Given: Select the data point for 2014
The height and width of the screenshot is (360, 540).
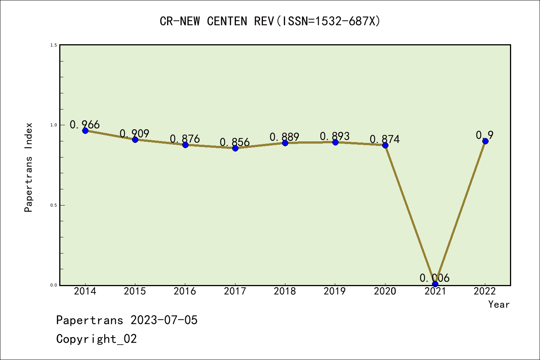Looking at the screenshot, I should (x=85, y=130).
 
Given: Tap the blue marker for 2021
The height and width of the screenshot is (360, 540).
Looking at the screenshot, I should (x=435, y=284).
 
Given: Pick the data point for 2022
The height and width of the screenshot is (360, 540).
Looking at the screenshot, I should (x=485, y=141).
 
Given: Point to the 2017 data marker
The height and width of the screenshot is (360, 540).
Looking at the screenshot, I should (x=235, y=148).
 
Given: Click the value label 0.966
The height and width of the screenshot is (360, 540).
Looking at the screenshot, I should (x=85, y=124).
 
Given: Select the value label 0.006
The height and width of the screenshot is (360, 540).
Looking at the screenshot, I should (x=435, y=278).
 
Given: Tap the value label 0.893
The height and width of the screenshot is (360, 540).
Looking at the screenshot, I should (x=335, y=136).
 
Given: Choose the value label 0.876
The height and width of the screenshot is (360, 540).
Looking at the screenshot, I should (x=185, y=139).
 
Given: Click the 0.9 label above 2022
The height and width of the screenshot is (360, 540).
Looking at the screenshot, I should (x=485, y=135).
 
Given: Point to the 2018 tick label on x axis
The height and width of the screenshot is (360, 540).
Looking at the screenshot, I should (x=285, y=291).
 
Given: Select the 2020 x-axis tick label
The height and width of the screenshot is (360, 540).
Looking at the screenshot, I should (x=385, y=291).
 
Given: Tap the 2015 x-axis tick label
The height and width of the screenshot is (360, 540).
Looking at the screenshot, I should (x=135, y=291).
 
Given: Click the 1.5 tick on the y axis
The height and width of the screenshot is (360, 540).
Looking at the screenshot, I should (x=54, y=45).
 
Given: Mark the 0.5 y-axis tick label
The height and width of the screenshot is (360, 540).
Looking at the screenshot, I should (x=54, y=205).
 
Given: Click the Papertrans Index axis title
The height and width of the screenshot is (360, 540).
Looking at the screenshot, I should (x=28, y=167).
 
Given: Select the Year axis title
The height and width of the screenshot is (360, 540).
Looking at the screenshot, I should (x=499, y=304).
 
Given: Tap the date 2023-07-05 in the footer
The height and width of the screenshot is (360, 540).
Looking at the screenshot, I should (x=164, y=320).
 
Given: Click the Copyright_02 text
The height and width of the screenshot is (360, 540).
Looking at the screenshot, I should (x=96, y=339).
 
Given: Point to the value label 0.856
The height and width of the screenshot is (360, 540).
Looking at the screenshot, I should (x=235, y=142).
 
